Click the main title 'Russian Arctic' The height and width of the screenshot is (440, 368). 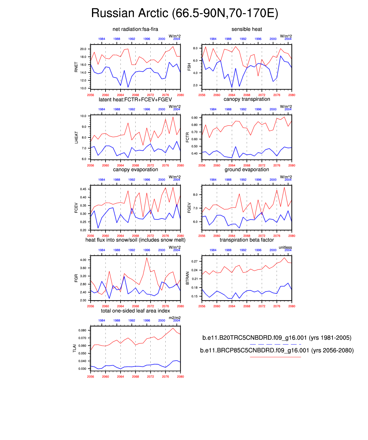(x=184, y=13)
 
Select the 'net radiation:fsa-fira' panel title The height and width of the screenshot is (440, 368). (x=135, y=29)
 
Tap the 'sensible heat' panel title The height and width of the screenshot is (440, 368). (x=247, y=29)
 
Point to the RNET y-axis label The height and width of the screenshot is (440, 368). (x=76, y=67)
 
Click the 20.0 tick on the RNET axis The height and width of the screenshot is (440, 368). (x=83, y=49)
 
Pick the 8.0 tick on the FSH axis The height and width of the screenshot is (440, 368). (x=195, y=48)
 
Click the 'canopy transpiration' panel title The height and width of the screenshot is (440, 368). (x=247, y=99)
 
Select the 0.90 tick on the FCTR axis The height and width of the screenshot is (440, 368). (x=195, y=118)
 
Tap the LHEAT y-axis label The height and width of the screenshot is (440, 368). (x=76, y=137)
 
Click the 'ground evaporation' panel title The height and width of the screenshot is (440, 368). (x=247, y=170)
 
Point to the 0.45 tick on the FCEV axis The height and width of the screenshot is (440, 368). (x=83, y=189)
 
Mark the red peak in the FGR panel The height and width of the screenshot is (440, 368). (x=147, y=258)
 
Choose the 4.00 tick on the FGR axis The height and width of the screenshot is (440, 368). (x=83, y=260)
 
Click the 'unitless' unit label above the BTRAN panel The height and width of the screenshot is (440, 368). (x=285, y=247)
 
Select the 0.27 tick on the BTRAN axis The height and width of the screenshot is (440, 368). (x=195, y=261)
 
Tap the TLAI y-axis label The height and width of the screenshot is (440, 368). (x=75, y=348)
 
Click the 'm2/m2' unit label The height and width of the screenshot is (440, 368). (x=175, y=318)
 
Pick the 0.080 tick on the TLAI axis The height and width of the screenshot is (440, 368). (x=82, y=330)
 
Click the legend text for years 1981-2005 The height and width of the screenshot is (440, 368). (x=277, y=338)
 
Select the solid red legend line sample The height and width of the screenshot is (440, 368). (x=275, y=357)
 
